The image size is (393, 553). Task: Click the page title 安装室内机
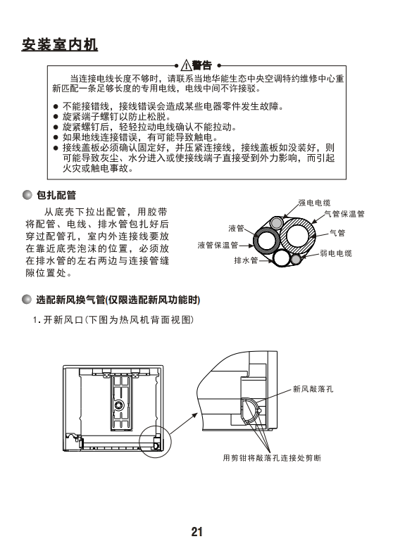point(60,45)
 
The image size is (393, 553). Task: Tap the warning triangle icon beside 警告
point(186,65)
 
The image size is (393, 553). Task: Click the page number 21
point(196,531)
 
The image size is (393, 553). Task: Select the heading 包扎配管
point(56,195)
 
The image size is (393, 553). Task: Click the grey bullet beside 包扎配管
point(27,195)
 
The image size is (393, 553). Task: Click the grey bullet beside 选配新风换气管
point(27,300)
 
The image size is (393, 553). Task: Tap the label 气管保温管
point(344,214)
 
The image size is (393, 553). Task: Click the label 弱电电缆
point(336,253)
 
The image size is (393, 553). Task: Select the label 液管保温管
point(218,245)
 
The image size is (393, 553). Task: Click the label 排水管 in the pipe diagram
point(247,260)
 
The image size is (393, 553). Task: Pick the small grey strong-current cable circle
point(276,223)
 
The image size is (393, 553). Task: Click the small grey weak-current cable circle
point(296,260)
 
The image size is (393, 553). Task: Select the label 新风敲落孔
point(313,389)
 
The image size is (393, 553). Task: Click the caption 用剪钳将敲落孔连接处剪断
point(273,458)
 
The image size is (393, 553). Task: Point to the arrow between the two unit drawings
point(183,424)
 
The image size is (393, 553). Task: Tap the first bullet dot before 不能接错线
point(56,106)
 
